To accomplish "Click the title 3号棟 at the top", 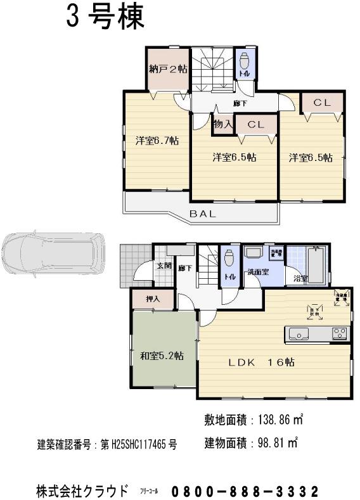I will tap(105, 16).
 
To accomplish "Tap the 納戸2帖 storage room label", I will tap(168, 69).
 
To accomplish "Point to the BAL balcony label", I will tap(203, 214).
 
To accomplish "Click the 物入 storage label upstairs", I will tap(222, 124).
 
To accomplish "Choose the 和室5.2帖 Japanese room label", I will tap(162, 356).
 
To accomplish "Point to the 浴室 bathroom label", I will tap(300, 278).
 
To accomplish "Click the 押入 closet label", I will tap(152, 298).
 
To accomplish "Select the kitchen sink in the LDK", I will tap(297, 333).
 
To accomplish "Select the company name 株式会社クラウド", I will tap(83, 491).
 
